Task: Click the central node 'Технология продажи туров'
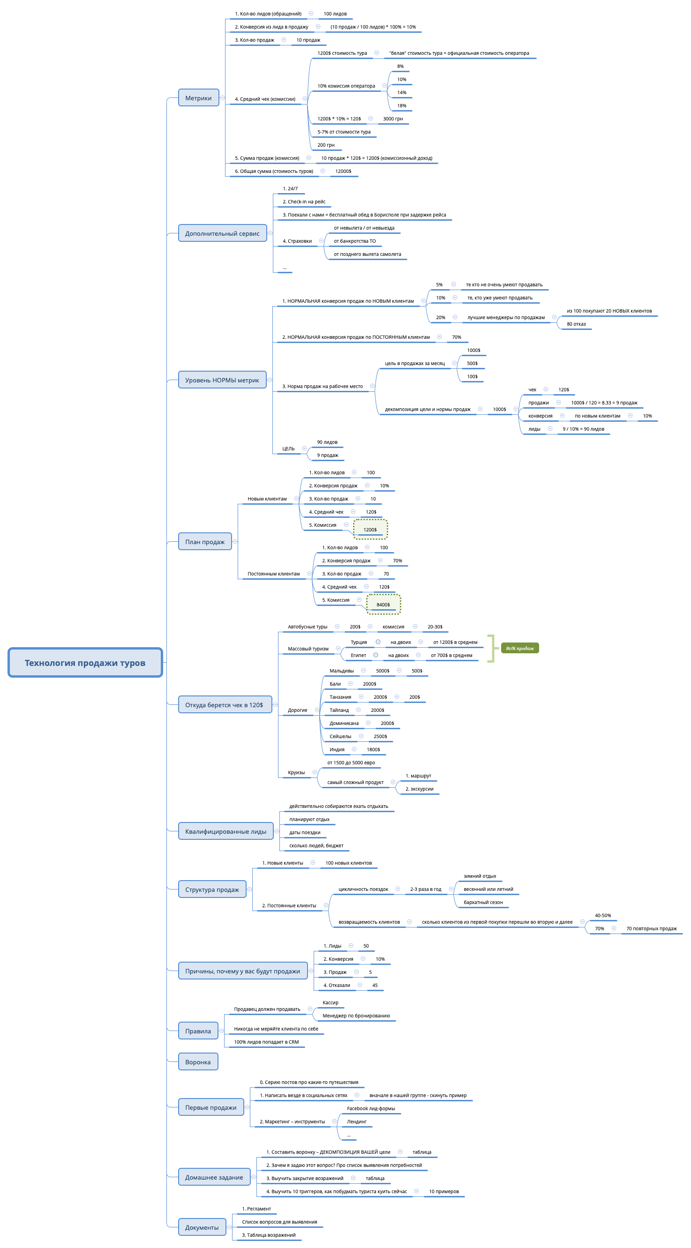(85, 662)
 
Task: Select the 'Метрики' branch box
(198, 98)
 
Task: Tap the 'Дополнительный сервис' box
(222, 233)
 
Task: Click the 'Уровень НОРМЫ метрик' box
(222, 380)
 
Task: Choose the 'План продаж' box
(204, 542)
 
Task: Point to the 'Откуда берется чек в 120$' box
(224, 704)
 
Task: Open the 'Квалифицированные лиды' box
(225, 831)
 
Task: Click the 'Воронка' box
(198, 1061)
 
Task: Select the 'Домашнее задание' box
(214, 1177)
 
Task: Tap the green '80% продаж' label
(519, 648)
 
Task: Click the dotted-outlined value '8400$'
(383, 604)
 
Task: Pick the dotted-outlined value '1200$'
(370, 529)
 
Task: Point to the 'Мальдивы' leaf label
(341, 671)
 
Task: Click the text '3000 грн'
(392, 119)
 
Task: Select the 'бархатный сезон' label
(483, 902)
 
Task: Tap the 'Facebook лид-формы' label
(371, 1108)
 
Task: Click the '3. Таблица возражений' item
(269, 1235)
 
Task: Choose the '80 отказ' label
(576, 324)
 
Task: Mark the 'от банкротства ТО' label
(354, 241)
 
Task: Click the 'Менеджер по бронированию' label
(356, 1016)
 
